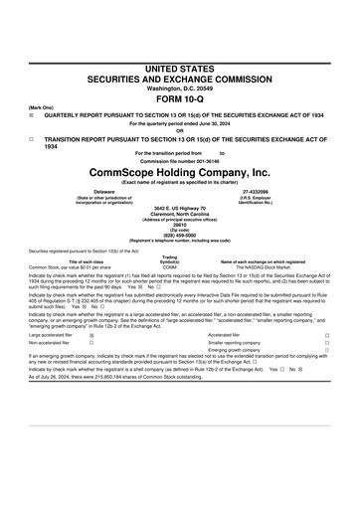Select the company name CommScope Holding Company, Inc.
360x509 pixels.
(x=179, y=172)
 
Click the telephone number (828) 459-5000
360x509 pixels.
(x=179, y=236)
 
